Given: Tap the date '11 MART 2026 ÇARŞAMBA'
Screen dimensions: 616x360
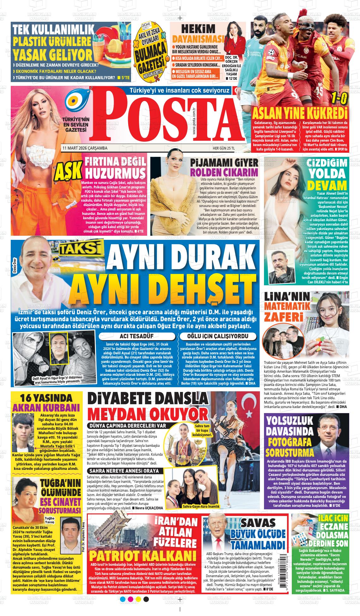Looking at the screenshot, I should click(85, 148).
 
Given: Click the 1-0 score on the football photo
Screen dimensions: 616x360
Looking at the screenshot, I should click(338, 99).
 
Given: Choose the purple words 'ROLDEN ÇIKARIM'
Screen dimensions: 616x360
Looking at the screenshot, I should click(224, 172).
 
